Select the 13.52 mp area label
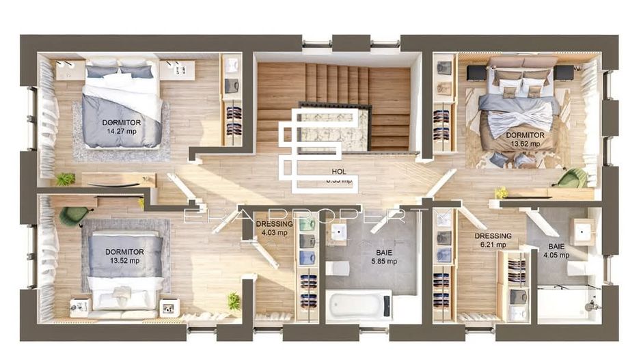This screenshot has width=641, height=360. pos(124,260)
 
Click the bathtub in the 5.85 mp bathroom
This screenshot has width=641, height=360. pos(358,305)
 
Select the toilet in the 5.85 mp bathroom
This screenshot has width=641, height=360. pos(338,268)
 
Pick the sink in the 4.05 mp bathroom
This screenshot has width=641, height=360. pos(583,232)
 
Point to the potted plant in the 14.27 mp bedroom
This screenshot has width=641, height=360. pos(65,179)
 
